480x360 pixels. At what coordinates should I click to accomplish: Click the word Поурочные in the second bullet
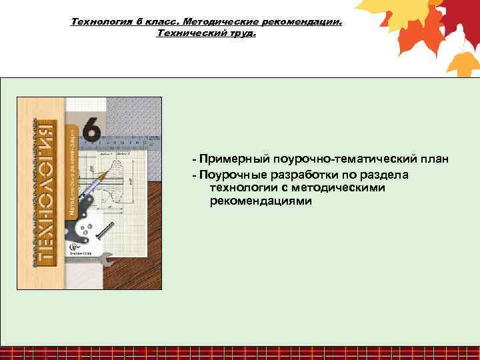click(232, 174)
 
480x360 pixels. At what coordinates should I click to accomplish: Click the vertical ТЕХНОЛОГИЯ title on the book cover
click(42, 193)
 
